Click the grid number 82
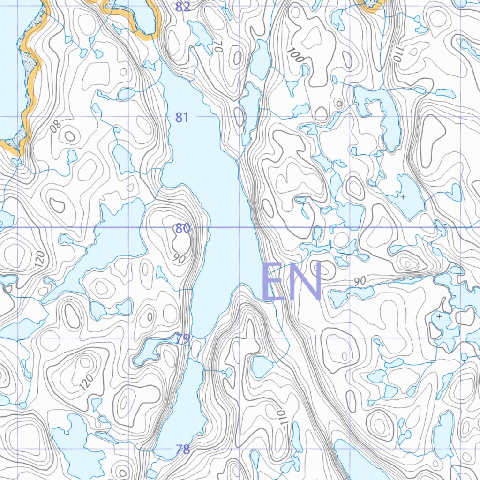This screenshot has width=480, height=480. pyautogui.click(x=183, y=7)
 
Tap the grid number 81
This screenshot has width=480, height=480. pyautogui.click(x=182, y=117)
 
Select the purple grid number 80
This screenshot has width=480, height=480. pyautogui.click(x=182, y=228)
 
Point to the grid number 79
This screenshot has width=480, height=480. pyautogui.click(x=183, y=338)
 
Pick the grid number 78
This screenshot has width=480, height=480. pyautogui.click(x=183, y=450)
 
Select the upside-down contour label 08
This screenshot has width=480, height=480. pyautogui.click(x=56, y=126)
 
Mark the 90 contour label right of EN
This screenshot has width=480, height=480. pyautogui.click(x=360, y=281)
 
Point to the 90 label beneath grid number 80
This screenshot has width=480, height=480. pyautogui.click(x=179, y=258)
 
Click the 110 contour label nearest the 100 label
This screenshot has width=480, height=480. pyautogui.click(x=397, y=56)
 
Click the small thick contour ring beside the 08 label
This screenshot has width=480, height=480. pyautogui.click(x=69, y=136)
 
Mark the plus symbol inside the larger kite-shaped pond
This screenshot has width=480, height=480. pyautogui.click(x=403, y=197)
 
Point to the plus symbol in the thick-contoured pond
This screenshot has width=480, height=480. pyautogui.click(x=439, y=317)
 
